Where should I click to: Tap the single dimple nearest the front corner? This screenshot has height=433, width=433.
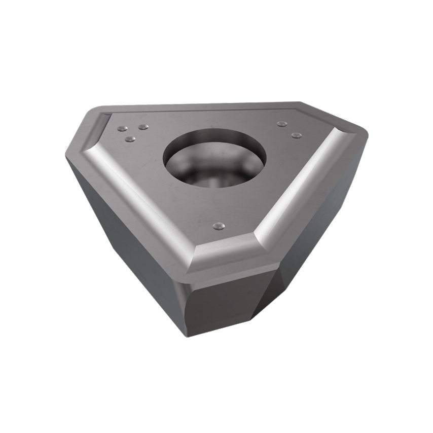click(x=219, y=225)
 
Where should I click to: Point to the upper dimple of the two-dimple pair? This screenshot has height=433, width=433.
click(x=280, y=123)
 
